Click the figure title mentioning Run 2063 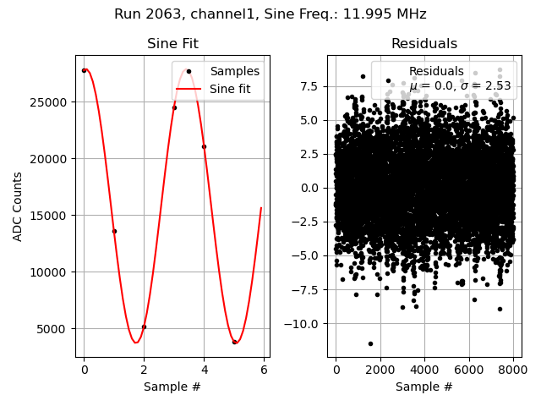(x=270, y=14)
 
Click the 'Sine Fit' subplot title (x=172, y=44)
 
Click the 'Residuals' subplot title (x=424, y=44)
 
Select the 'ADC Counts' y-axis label (x=19, y=206)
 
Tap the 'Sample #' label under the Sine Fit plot (x=172, y=387)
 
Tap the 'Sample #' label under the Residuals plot (x=424, y=387)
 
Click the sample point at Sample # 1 (x=114, y=231)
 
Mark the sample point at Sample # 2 (x=144, y=326)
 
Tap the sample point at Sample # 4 (x=204, y=146)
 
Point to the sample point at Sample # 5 (x=234, y=342)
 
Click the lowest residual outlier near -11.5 (x=370, y=343)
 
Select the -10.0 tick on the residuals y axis (x=309, y=323)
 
